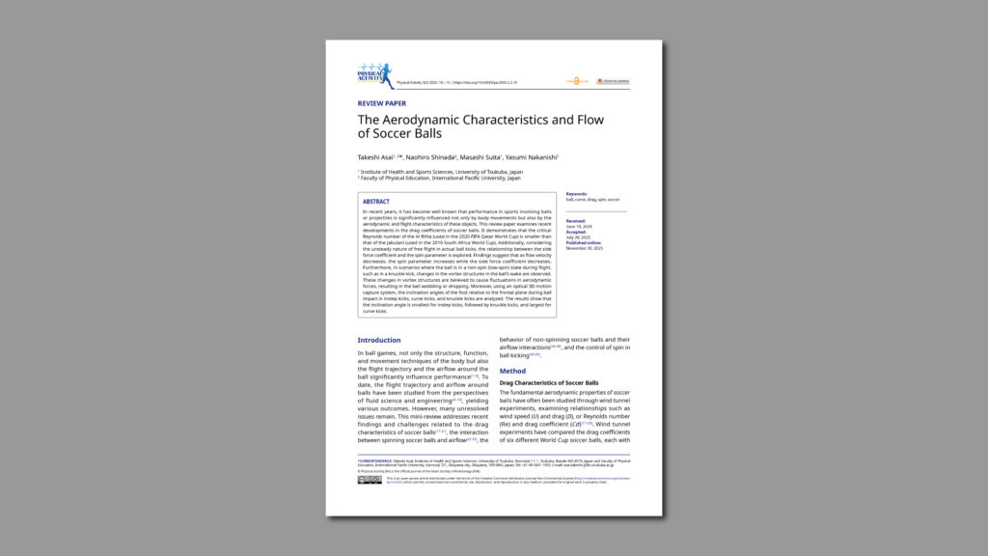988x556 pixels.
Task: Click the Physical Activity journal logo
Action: click(x=374, y=75)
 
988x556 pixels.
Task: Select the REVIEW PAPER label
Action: click(x=382, y=103)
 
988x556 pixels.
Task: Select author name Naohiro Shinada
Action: click(x=430, y=156)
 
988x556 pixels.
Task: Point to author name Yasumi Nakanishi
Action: click(x=531, y=156)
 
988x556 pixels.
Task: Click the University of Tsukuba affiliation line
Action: click(x=443, y=172)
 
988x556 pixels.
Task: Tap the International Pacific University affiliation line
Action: click(x=441, y=178)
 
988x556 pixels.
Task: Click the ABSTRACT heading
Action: click(x=376, y=202)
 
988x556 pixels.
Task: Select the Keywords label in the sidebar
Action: click(x=576, y=194)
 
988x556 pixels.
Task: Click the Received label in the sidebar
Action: click(x=575, y=220)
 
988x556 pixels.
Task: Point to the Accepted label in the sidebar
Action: click(x=575, y=232)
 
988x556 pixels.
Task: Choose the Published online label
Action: click(x=583, y=242)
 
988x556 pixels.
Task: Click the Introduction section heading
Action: click(x=379, y=340)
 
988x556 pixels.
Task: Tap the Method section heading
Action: click(x=512, y=371)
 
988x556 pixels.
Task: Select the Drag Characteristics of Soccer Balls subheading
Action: click(x=548, y=383)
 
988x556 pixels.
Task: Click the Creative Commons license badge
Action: click(x=370, y=480)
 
